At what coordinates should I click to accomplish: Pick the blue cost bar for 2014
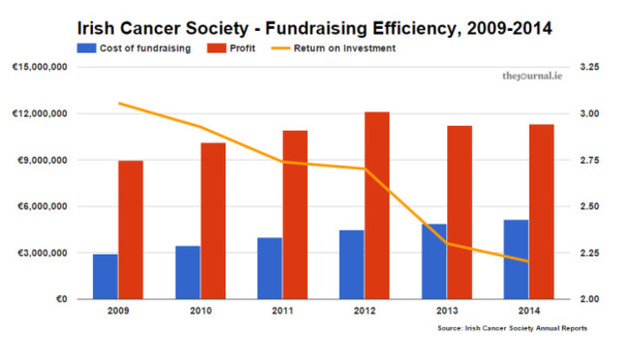[x=517, y=259]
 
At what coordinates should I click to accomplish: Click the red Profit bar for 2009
[x=131, y=229]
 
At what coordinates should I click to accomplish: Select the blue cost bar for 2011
[x=270, y=268]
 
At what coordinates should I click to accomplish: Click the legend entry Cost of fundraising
[x=136, y=46]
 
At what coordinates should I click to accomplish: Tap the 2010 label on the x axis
[x=200, y=312]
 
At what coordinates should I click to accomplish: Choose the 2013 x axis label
[x=447, y=312]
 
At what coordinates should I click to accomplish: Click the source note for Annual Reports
[x=512, y=329]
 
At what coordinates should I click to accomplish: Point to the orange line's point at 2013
[x=447, y=243]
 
